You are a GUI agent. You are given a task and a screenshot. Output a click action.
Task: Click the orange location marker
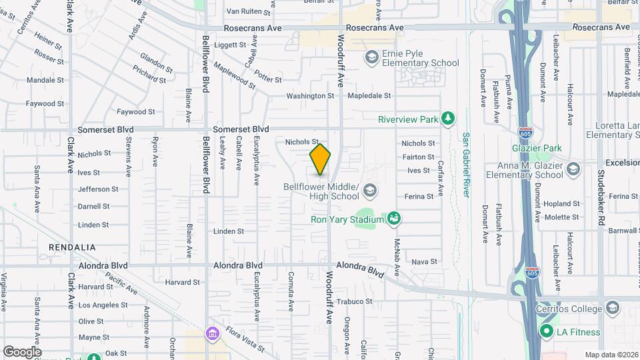pyautogui.click(x=320, y=159)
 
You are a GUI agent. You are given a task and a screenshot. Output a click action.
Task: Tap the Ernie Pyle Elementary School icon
pyautogui.click(x=371, y=58)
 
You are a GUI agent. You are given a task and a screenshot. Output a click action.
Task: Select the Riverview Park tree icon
pyautogui.click(x=449, y=119)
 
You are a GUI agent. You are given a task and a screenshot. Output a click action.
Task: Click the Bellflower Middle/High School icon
pyautogui.click(x=369, y=193)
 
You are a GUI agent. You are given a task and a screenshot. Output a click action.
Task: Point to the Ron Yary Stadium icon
pyautogui.click(x=394, y=219)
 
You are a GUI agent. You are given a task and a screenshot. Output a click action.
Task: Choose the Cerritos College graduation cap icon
pyautogui.click(x=612, y=308)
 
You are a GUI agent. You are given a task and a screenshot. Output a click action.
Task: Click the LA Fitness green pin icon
pyautogui.click(x=546, y=332)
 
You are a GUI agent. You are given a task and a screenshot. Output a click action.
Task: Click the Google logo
pyautogui.click(x=22, y=351)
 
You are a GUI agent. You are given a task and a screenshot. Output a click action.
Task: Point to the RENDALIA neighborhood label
pyautogui.click(x=72, y=247)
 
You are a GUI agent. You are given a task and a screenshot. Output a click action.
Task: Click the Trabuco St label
pyautogui.click(x=354, y=301)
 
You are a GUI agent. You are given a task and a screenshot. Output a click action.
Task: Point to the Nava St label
pyautogui.click(x=424, y=262)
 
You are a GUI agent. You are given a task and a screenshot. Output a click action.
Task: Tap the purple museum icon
pyautogui.click(x=213, y=333)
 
